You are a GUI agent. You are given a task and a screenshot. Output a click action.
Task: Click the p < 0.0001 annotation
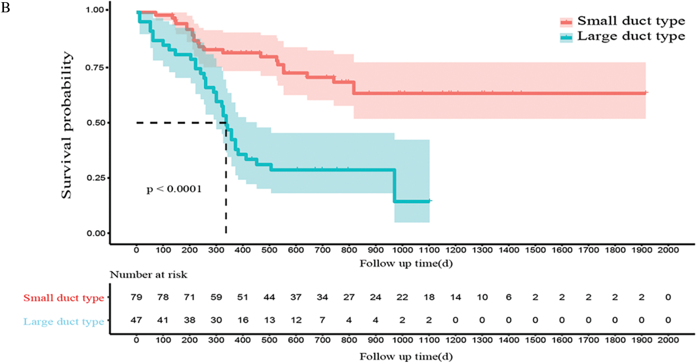pyautogui.click(x=174, y=189)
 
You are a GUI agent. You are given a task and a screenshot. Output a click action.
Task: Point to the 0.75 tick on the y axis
pyautogui.click(x=95, y=68)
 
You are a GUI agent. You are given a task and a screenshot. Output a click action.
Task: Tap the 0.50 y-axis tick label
pyautogui.click(x=95, y=123)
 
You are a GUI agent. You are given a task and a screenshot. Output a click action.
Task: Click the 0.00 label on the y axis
pyautogui.click(x=95, y=233)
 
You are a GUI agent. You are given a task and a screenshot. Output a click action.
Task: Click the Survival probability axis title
pyautogui.click(x=67, y=125)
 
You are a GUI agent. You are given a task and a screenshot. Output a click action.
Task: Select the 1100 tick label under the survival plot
pyautogui.click(x=429, y=250)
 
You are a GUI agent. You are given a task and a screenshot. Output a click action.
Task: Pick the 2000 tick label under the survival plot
pyautogui.click(x=668, y=250)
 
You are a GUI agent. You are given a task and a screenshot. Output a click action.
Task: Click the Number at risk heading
pyautogui.click(x=149, y=275)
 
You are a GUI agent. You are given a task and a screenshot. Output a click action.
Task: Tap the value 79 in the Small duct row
pyautogui.click(x=137, y=297)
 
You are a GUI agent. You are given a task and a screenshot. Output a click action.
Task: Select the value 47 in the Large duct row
pyautogui.click(x=137, y=320)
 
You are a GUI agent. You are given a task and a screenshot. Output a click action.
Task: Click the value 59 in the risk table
pyautogui.click(x=216, y=297)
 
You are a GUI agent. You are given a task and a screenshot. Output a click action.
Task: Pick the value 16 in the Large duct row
pyautogui.click(x=243, y=320)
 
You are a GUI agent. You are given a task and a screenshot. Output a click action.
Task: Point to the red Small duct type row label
pyautogui.click(x=64, y=298)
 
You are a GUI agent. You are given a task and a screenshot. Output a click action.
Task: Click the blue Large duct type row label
pyautogui.click(x=64, y=322)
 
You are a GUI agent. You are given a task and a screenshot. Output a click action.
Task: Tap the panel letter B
pyautogui.click(x=5, y=7)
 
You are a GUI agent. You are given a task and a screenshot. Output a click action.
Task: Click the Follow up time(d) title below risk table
pyautogui.click(x=406, y=357)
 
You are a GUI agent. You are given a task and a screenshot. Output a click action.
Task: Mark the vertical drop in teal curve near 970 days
pyautogui.click(x=395, y=185)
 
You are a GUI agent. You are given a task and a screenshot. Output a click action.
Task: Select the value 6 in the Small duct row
pyautogui.click(x=509, y=297)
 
